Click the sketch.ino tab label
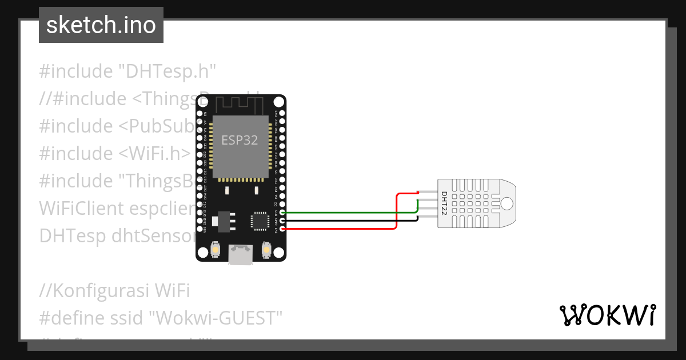click(x=101, y=25)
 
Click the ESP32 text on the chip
click(x=240, y=140)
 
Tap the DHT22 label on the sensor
click(x=444, y=203)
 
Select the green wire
click(x=343, y=212)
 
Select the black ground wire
click(x=343, y=220)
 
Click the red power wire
click(x=343, y=229)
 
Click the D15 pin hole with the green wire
click(x=281, y=212)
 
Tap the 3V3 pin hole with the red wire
click(x=281, y=229)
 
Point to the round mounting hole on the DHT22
click(x=506, y=203)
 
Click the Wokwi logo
click(x=607, y=315)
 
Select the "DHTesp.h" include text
click(x=166, y=71)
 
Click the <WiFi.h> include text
click(x=155, y=153)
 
